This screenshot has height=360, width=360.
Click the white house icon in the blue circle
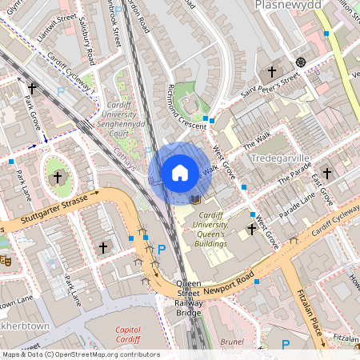(180, 173)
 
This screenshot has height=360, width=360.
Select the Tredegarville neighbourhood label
(279, 158)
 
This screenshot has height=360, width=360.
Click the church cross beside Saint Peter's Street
(271, 72)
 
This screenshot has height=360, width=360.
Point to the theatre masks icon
(4, 260)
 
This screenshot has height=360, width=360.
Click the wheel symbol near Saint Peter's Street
(301, 62)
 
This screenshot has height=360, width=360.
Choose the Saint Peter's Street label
(270, 85)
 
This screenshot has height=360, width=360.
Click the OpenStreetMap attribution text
(80, 354)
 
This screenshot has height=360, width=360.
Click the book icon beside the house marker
(195, 198)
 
